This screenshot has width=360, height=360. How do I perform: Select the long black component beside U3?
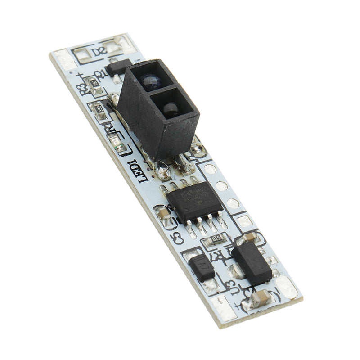tap(252, 263)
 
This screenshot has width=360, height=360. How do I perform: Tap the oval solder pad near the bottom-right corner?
tap(287, 287)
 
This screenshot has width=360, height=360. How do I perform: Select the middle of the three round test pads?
tap(221, 186)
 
